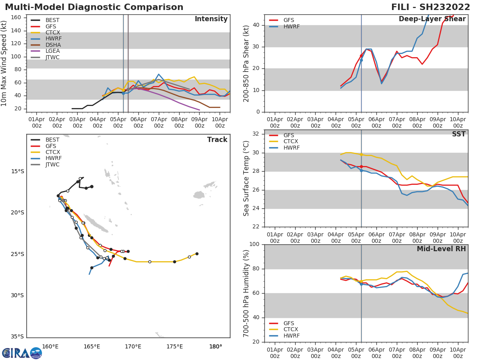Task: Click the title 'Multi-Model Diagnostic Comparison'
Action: click(x=94, y=7)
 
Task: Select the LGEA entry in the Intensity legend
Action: click(x=52, y=51)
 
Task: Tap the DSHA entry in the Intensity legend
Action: click(x=52, y=45)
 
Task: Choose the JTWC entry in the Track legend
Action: click(x=52, y=164)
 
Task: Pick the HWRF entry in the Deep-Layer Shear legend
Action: click(x=291, y=26)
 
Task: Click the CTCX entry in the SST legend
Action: click(x=291, y=142)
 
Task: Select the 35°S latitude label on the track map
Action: click(x=17, y=337)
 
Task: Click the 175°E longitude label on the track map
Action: click(x=174, y=346)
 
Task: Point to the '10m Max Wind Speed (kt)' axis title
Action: click(x=4, y=63)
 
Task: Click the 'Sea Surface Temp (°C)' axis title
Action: click(x=246, y=178)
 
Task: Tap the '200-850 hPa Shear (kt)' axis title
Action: click(x=246, y=63)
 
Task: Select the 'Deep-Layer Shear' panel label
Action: click(x=432, y=19)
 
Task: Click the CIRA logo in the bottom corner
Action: click(x=22, y=353)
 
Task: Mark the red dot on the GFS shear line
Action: click(x=361, y=56)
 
